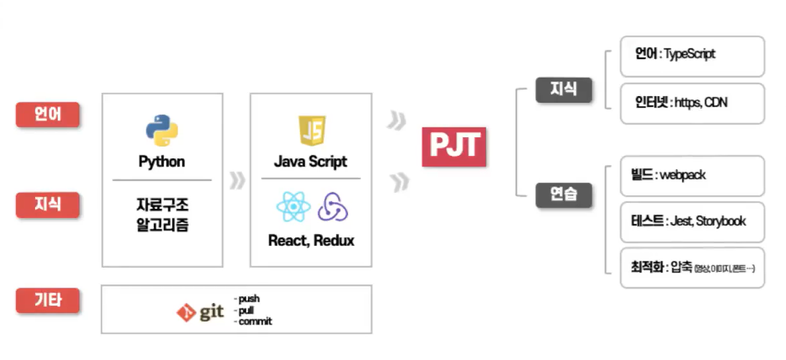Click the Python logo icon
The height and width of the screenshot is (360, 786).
click(x=162, y=130)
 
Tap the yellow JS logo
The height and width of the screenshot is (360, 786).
click(x=311, y=131)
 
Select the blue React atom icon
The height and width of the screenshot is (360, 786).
click(x=294, y=208)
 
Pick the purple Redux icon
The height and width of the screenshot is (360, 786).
click(x=332, y=208)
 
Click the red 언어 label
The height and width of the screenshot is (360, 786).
click(x=48, y=115)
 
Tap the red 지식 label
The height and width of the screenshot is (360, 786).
click(x=48, y=204)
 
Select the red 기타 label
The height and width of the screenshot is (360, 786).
click(x=48, y=300)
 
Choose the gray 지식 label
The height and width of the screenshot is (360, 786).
click(x=563, y=89)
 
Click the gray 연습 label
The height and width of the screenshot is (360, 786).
click(x=563, y=195)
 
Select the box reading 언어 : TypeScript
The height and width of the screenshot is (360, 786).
click(x=692, y=56)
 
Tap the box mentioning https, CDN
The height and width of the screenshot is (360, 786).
click(x=692, y=103)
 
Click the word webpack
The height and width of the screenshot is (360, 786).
click(x=683, y=176)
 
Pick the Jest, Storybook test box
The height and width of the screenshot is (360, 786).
click(x=692, y=221)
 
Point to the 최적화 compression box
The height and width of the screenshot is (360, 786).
click(x=692, y=268)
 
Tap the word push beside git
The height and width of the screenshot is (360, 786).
click(x=249, y=299)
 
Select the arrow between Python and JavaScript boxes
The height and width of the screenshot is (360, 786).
click(x=237, y=180)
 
